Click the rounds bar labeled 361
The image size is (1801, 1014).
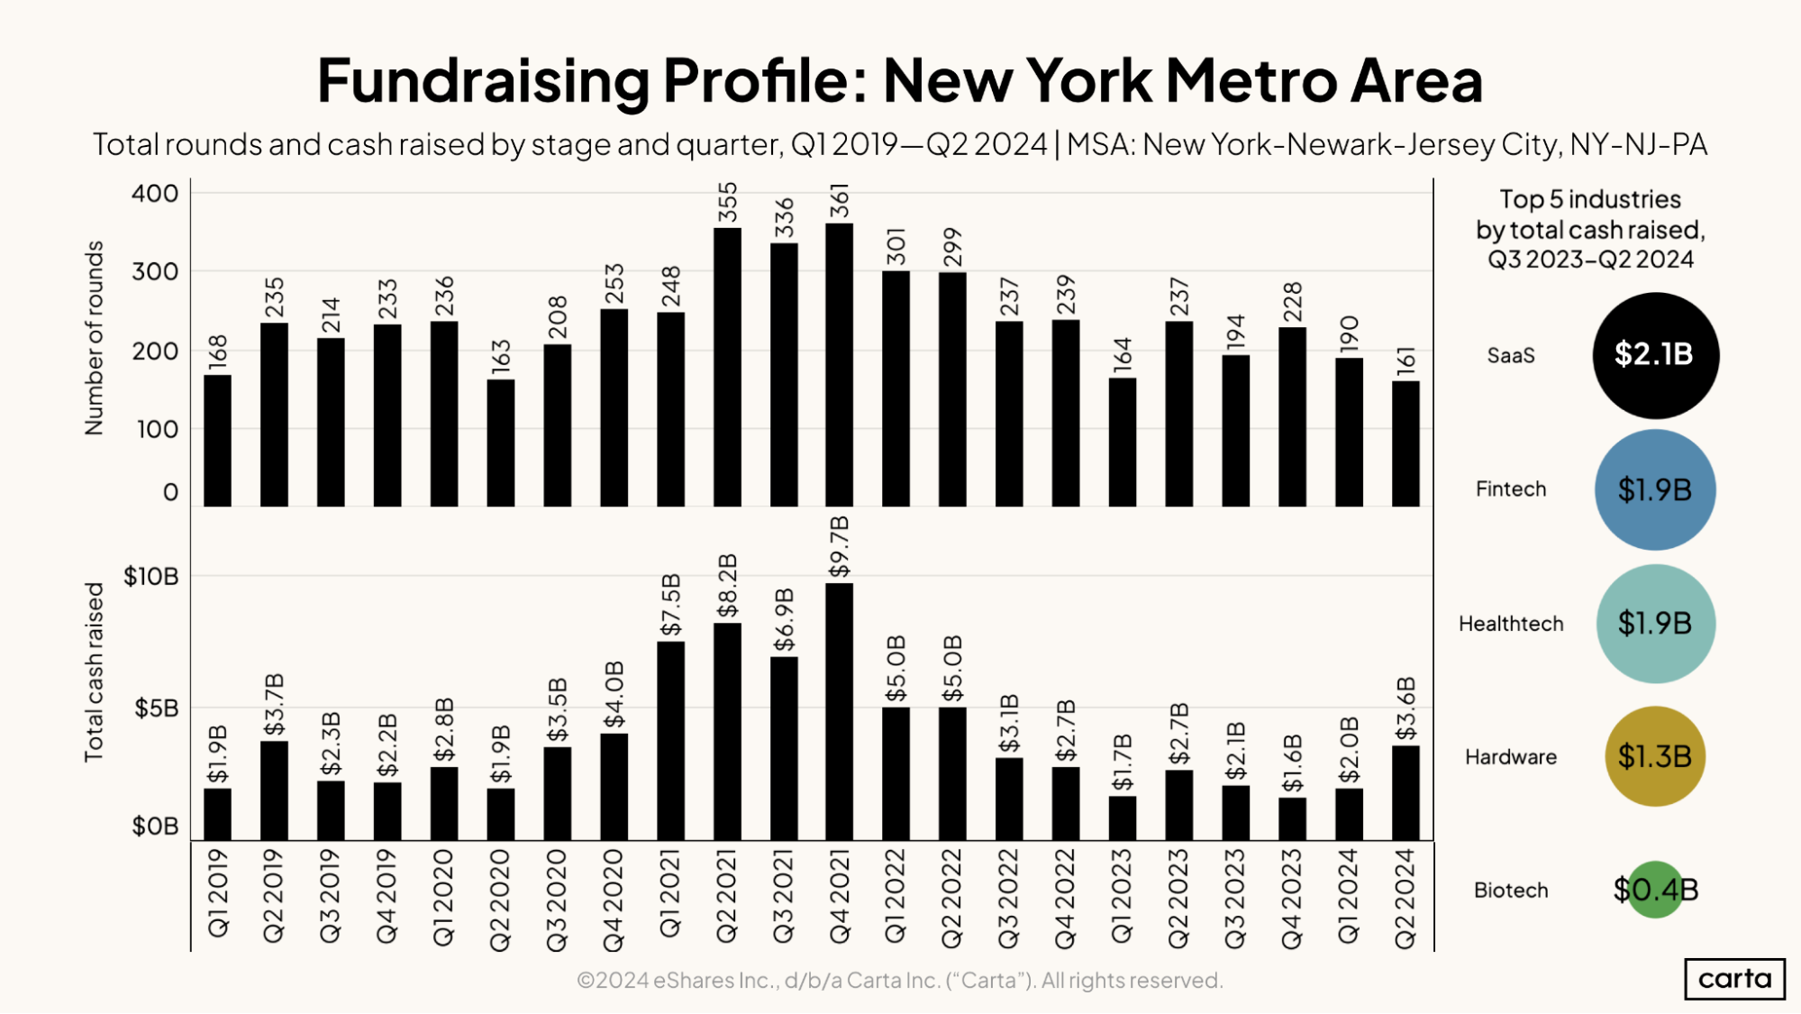[839, 365]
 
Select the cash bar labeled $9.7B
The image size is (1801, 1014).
[839, 712]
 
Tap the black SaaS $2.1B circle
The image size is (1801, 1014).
[1655, 355]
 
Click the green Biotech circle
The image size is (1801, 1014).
[1655, 890]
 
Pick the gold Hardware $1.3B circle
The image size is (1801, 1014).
[1655, 756]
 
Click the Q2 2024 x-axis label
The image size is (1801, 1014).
[1405, 898]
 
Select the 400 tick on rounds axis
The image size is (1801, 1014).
[155, 194]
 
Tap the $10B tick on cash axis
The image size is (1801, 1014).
[150, 577]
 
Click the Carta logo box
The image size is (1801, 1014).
[1734, 979]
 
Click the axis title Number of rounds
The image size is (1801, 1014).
[94, 338]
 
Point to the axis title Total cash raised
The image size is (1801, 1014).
[94, 671]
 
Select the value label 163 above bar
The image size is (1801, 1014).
[501, 357]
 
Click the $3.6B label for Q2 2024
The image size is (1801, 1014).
[1405, 709]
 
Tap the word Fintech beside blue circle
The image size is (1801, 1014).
[1511, 489]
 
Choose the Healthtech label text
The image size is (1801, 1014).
[1511, 624]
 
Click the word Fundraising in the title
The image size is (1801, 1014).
[483, 81]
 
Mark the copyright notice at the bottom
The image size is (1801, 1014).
[899, 980]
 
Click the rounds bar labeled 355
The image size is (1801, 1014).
[727, 367]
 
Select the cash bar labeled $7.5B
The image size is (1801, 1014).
[670, 741]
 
